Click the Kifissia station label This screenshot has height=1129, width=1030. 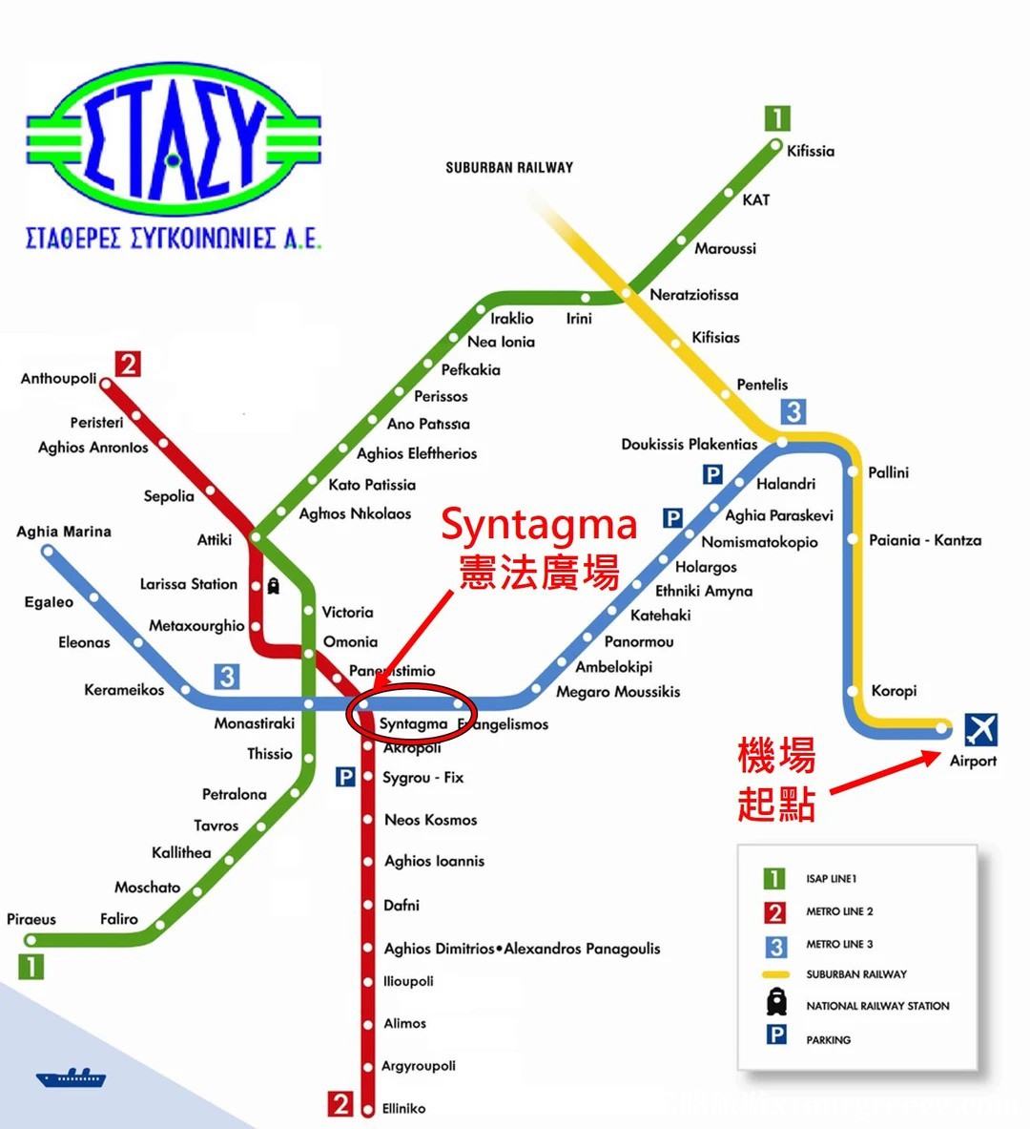810,151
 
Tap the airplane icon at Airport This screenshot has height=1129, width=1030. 980,730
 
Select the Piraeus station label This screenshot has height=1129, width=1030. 31,919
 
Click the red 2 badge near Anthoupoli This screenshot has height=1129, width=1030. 128,364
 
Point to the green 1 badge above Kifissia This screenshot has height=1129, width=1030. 777,118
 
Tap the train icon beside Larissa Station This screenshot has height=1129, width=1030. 274,585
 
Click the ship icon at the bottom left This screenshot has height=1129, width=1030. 71,1077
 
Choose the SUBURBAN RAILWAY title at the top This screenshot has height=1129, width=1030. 509,168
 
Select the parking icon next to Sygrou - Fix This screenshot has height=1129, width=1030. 345,778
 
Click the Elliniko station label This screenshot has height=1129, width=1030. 403,1108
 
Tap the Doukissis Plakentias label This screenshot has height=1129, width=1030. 689,444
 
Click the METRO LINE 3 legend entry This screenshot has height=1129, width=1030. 839,944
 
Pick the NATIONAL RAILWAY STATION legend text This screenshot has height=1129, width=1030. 877,1006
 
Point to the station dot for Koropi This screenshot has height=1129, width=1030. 852,691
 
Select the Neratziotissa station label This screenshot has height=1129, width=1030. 693,295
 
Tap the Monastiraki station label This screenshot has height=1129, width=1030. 254,723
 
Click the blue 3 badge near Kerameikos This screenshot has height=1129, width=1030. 226,677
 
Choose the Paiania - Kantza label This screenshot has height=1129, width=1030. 924,540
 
